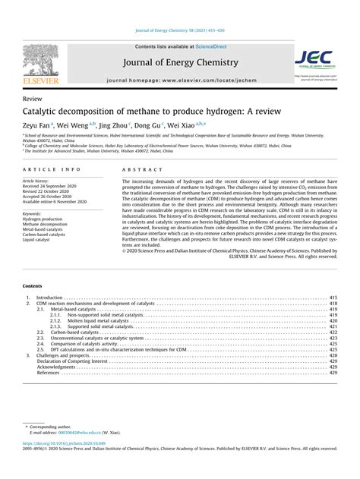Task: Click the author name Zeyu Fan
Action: point(36,126)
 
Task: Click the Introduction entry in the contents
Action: point(49,298)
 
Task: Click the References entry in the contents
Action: point(48,373)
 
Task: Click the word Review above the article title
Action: point(33,99)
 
